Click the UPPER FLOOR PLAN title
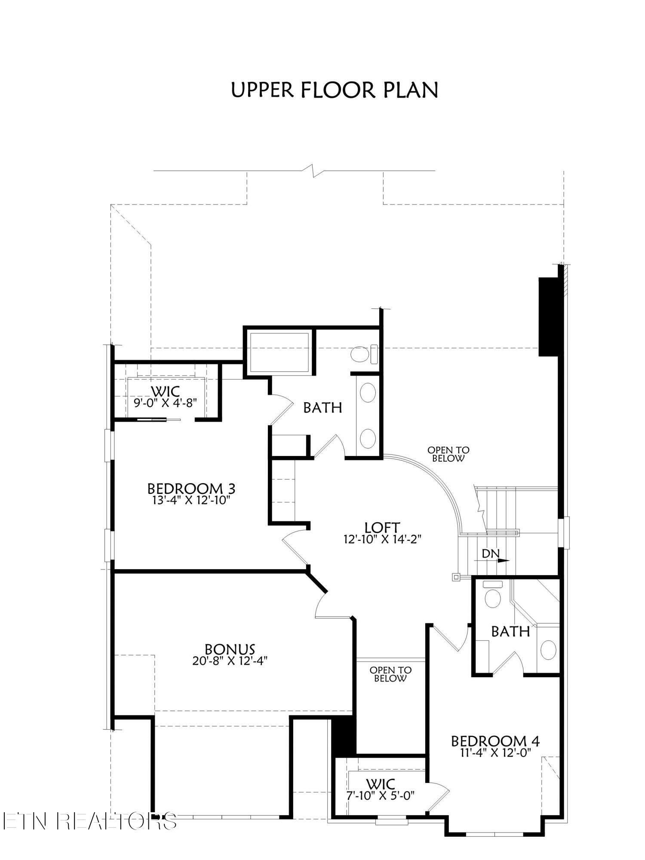click(335, 90)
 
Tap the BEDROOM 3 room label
click(191, 489)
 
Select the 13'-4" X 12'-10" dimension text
click(191, 500)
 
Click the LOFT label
click(382, 527)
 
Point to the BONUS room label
click(230, 649)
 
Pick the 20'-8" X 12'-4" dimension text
click(230, 660)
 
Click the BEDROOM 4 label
click(495, 741)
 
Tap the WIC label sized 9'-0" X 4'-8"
click(166, 391)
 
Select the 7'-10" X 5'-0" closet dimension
click(381, 795)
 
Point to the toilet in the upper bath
click(360, 354)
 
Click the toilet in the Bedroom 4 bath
click(493, 597)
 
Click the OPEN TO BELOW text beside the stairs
click(448, 454)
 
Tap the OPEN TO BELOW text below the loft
click(390, 674)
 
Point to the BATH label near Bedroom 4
click(510, 631)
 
